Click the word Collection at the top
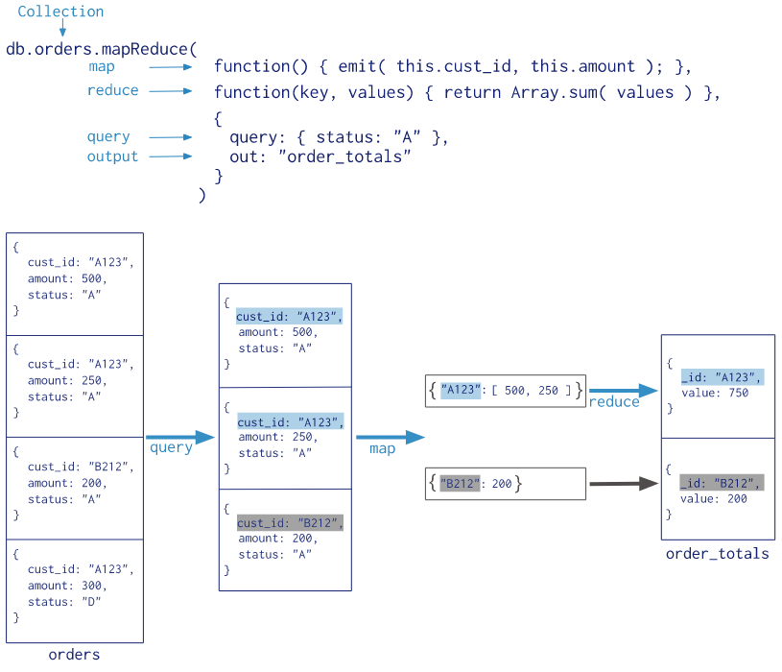[60, 12]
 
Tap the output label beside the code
[112, 156]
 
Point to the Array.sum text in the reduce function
[558, 92]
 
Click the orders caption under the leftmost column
[74, 655]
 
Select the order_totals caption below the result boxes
[717, 553]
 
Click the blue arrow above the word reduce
[623, 391]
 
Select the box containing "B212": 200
[505, 484]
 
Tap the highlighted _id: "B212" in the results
[721, 483]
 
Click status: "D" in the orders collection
[64, 602]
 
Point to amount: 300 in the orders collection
[67, 586]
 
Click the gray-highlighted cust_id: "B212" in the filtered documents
[290, 523]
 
